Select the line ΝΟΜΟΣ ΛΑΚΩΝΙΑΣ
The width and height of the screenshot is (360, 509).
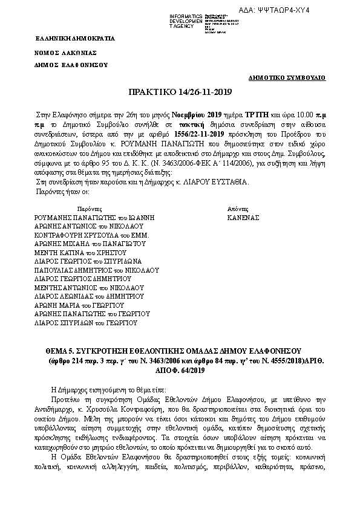point(65,53)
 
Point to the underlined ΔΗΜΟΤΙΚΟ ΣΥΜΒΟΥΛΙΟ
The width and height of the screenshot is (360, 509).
point(287,78)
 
